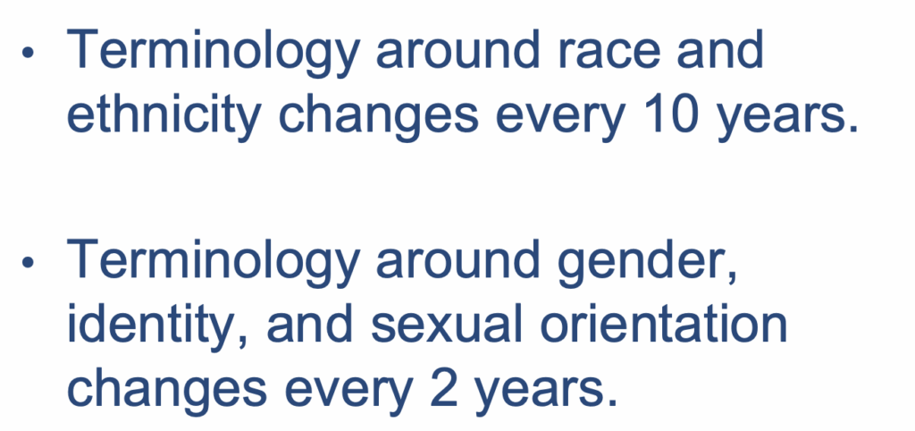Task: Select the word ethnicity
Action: (164, 118)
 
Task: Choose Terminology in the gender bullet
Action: (213, 264)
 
